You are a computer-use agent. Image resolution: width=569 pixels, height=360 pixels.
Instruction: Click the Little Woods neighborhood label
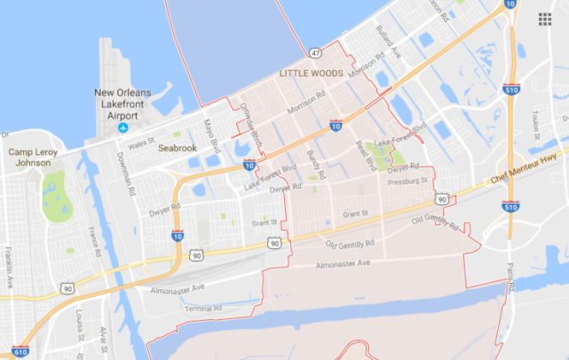[x=311, y=74]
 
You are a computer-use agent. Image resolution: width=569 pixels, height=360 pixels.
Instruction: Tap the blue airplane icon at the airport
[x=123, y=128]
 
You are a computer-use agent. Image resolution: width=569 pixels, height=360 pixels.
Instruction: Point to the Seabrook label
[x=178, y=148]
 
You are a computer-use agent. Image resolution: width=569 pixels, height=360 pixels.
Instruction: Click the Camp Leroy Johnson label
[x=30, y=157]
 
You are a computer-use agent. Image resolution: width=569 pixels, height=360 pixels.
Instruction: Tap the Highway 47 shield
[x=316, y=53]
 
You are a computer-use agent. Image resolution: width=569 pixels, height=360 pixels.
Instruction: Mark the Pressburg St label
[x=407, y=181]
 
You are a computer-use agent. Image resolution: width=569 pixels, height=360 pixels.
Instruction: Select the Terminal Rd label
[x=203, y=308]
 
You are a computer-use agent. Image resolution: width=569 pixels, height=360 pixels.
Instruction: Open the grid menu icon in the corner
[x=545, y=19]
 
